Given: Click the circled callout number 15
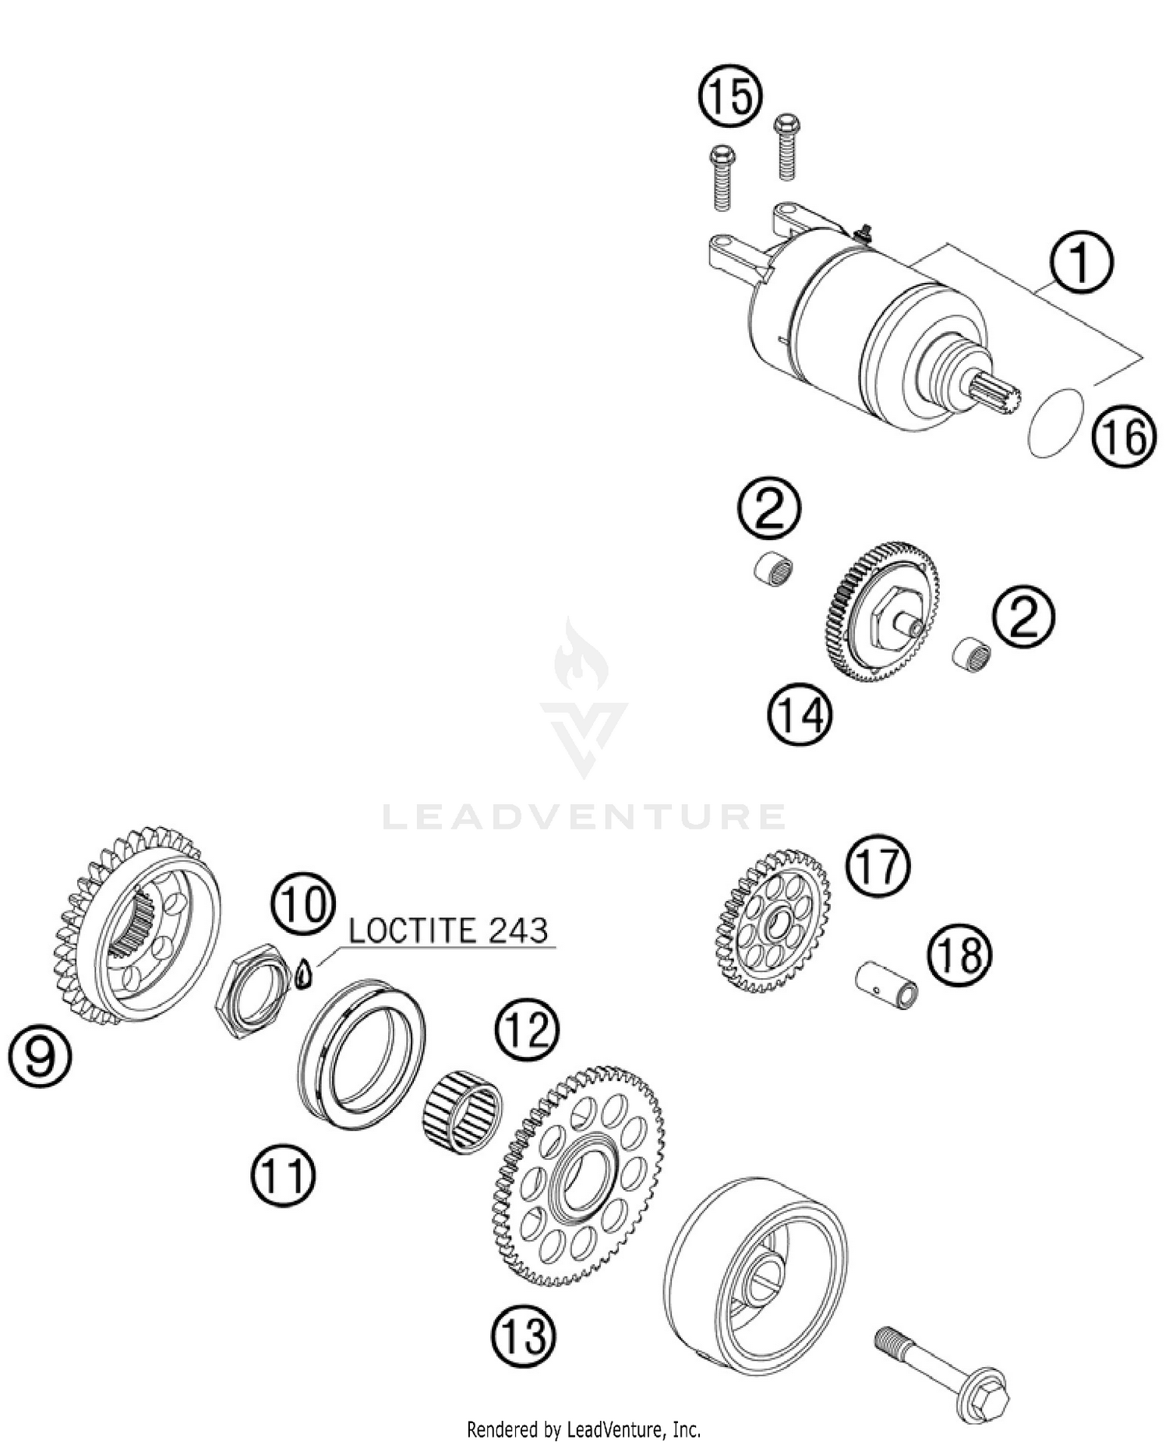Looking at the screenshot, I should pos(729,97).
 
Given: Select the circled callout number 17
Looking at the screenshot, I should pos(879,865).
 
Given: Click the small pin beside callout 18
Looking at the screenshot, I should pos(888,985).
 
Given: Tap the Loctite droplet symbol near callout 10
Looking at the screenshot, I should pos(305,974).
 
